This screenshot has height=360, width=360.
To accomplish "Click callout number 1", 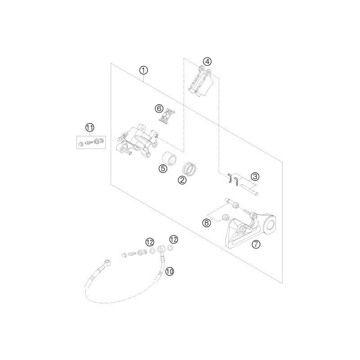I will click(143, 70).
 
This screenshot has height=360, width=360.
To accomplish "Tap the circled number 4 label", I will click(207, 61).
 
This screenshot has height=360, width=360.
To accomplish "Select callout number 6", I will click(146, 108).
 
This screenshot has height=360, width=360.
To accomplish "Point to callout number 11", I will click(90, 128).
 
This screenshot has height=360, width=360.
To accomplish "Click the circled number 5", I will click(163, 168).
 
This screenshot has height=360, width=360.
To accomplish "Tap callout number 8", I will click(207, 223).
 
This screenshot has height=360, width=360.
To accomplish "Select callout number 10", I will click(170, 271).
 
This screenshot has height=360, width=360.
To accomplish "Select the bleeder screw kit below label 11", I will click(90, 142).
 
